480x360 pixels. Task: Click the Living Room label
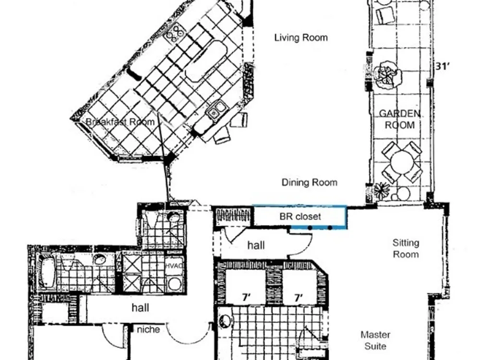click(x=301, y=37)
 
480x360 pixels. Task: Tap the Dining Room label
click(x=310, y=182)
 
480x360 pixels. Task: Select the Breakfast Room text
click(x=120, y=122)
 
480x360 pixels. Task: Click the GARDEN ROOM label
click(x=400, y=120)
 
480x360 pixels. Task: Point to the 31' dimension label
click(x=442, y=66)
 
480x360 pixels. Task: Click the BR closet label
click(x=300, y=217)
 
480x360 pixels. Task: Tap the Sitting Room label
click(x=406, y=249)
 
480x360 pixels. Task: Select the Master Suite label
click(x=375, y=340)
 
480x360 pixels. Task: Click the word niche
click(x=148, y=329)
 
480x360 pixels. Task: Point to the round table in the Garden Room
click(x=401, y=162)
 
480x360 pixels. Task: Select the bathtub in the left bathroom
click(x=47, y=273)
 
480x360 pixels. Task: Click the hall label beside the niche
click(x=141, y=307)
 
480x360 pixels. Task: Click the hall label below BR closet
click(x=256, y=245)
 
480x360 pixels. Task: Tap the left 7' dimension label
click(x=246, y=297)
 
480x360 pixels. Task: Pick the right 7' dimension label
click(x=299, y=297)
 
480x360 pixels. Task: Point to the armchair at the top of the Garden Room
click(x=385, y=15)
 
